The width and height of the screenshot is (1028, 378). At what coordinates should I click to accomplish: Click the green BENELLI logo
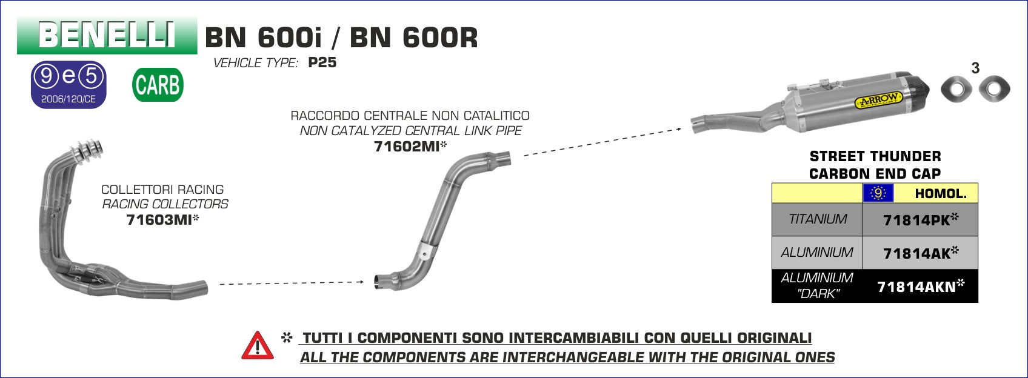tap(107, 35)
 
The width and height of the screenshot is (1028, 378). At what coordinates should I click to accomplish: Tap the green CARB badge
tap(158, 85)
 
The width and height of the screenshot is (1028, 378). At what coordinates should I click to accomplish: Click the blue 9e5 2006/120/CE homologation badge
tap(69, 85)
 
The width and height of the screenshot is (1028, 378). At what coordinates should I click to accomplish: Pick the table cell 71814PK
tap(920, 220)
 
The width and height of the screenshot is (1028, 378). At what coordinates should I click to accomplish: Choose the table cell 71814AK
tap(920, 253)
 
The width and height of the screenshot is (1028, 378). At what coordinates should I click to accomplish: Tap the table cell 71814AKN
tap(920, 287)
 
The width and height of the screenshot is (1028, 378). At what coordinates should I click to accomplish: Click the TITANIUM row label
tap(817, 219)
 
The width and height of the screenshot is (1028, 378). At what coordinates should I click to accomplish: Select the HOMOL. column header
tap(940, 194)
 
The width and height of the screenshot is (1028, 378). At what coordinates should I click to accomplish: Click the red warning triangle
tap(258, 345)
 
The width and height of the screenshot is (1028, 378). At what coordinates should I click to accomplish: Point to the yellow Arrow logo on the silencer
tap(878, 99)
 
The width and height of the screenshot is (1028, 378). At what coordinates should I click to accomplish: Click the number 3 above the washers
tap(975, 68)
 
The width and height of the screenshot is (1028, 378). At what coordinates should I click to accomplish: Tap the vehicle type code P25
tap(322, 62)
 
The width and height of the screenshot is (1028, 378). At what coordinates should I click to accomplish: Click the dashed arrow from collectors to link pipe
tap(292, 283)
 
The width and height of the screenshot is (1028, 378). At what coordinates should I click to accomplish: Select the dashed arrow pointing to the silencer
tap(602, 142)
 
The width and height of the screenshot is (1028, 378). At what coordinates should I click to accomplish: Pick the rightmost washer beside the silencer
tap(994, 88)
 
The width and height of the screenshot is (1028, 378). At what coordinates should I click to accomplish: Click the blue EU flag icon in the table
tap(878, 193)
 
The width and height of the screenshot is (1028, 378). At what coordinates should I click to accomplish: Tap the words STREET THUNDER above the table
tap(875, 156)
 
